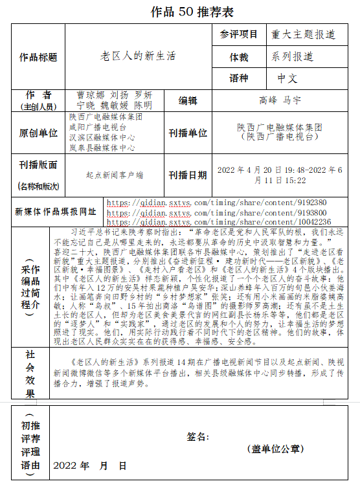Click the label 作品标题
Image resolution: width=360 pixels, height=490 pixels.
coord(38,57)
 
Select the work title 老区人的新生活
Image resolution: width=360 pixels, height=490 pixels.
coord(137,57)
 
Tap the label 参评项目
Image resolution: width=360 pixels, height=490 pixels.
coord(238,34)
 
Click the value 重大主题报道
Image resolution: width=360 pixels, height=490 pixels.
coord(303,34)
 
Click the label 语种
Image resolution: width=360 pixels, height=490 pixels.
coord(238,78)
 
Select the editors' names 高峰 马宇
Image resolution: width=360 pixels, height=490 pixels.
coord(280,100)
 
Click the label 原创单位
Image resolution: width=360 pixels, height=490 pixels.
coord(38,133)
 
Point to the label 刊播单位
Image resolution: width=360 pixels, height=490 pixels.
coord(187,133)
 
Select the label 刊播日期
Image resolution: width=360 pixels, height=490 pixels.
coord(187,175)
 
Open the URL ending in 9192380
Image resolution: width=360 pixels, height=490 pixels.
coord(216,203)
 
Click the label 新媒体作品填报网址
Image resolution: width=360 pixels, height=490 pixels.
coord(55,212)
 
